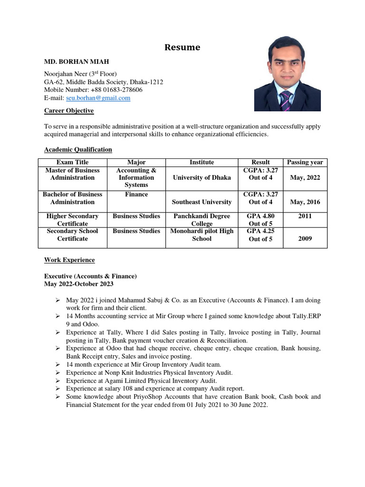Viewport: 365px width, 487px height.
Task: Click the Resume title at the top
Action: pyautogui.click(x=182, y=48)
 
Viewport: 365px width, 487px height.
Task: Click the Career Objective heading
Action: pyautogui.click(x=69, y=111)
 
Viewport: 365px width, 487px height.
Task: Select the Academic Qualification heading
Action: pyautogui.click(x=78, y=149)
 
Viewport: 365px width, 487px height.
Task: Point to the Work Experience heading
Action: pyautogui.click(x=69, y=260)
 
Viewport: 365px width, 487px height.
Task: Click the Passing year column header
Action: pyautogui.click(x=305, y=162)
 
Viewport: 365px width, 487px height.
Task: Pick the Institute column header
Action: pyautogui.click(x=202, y=162)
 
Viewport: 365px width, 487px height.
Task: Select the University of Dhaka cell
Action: pyautogui.click(x=202, y=177)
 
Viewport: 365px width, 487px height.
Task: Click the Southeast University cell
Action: pyautogui.click(x=202, y=202)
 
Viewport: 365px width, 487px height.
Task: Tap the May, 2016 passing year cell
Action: pyautogui.click(x=305, y=202)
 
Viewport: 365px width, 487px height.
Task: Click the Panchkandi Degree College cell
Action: pyautogui.click(x=202, y=220)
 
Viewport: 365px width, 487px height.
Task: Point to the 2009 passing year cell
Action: pyautogui.click(x=305, y=238)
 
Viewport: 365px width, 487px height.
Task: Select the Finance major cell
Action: pyautogui.click(x=136, y=195)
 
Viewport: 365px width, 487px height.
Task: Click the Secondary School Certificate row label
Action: pyautogui.click(x=73, y=235)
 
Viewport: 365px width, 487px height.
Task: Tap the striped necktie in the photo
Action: pyautogui.click(x=285, y=100)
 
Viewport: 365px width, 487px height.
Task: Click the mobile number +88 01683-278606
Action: pyautogui.click(x=120, y=89)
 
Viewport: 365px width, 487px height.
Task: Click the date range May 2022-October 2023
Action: pyautogui.click(x=79, y=284)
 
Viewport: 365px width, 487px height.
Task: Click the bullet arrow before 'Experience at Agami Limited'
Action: pyautogui.click(x=57, y=381)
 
